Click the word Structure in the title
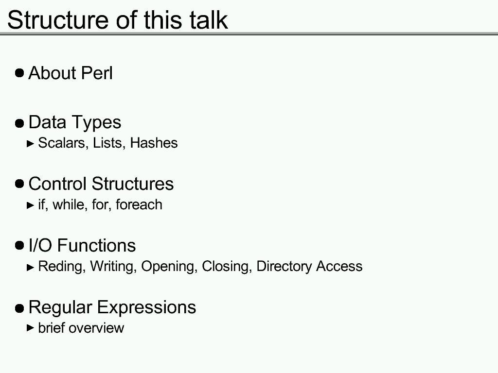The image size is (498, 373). (x=58, y=20)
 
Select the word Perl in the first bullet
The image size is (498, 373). (x=97, y=73)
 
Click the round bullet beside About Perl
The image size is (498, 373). (x=19, y=73)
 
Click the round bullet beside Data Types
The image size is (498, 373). (x=19, y=123)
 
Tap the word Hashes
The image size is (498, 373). (x=154, y=143)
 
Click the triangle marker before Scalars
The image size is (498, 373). (x=31, y=144)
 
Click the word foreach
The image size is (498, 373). (x=139, y=204)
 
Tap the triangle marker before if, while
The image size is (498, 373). (x=31, y=205)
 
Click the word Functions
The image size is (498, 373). (x=97, y=245)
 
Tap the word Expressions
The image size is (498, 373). (x=146, y=307)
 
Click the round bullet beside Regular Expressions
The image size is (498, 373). (x=19, y=308)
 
